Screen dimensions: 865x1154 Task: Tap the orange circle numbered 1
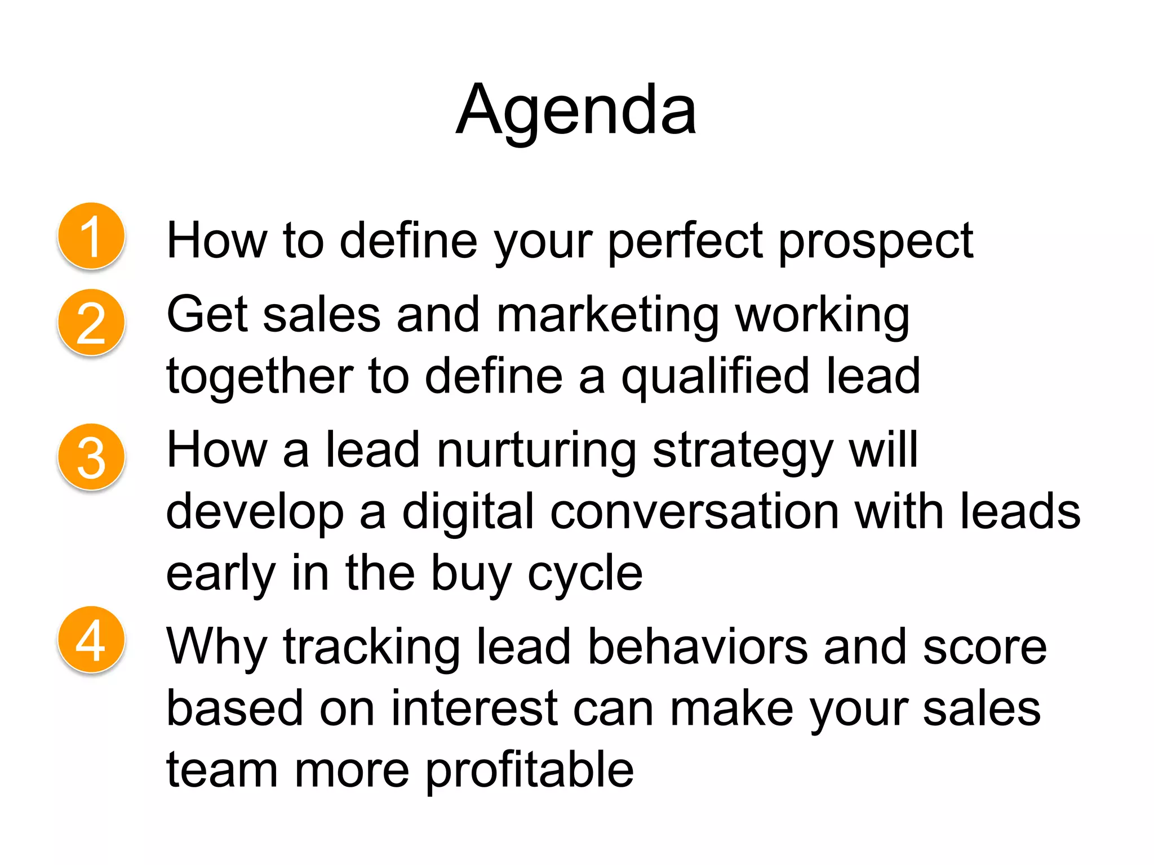click(x=91, y=236)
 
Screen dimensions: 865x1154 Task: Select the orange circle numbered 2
click(x=91, y=323)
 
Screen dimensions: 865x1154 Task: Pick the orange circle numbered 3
click(x=91, y=457)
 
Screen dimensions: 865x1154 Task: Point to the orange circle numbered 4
click(x=91, y=640)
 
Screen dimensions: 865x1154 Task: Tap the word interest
click(x=474, y=708)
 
